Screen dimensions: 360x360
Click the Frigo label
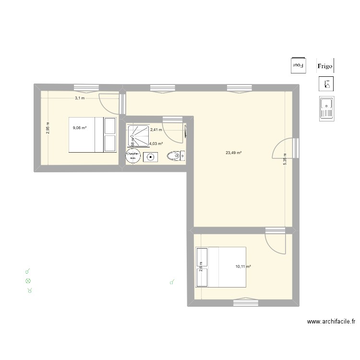(325, 65)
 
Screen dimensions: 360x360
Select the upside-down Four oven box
(299, 65)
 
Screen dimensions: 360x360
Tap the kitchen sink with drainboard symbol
(326, 108)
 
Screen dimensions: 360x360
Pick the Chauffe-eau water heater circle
(132, 156)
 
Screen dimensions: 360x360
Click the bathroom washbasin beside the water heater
(151, 156)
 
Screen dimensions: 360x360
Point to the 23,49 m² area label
(233, 153)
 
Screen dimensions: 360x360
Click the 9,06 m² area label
(79, 128)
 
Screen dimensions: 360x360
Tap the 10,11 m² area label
(243, 266)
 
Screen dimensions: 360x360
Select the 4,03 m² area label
(156, 144)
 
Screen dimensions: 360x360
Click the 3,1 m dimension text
(79, 98)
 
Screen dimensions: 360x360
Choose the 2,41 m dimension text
(156, 130)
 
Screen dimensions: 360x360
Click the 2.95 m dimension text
(48, 127)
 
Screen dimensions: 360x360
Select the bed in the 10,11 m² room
(220, 267)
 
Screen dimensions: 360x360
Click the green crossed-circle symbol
(28, 281)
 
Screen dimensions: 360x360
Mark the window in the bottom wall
(245, 302)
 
